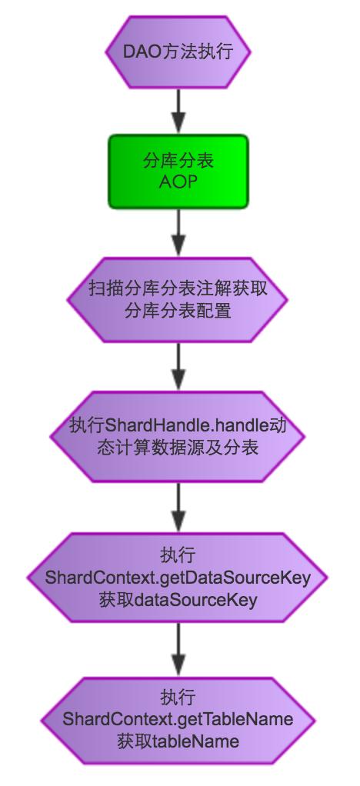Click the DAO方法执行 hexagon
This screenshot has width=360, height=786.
(178, 52)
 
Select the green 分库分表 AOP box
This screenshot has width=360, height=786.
(178, 171)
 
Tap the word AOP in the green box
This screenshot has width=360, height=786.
(178, 182)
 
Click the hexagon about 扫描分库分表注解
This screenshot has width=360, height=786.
(178, 300)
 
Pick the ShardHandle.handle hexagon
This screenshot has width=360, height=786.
(178, 436)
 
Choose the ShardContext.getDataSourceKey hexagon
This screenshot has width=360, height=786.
(178, 578)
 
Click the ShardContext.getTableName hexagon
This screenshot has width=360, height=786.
(178, 721)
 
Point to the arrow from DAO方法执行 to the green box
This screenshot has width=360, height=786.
(178, 111)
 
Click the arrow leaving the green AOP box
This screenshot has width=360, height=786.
(178, 232)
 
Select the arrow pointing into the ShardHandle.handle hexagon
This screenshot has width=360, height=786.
(178, 367)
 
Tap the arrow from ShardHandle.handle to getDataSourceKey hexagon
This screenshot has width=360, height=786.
(178, 508)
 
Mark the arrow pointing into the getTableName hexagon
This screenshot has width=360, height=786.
(178, 650)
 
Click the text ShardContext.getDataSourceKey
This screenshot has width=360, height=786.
(178, 578)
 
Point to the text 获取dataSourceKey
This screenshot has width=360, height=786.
(178, 600)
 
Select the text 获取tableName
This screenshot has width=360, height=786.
(178, 741)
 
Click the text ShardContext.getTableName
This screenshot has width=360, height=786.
(178, 720)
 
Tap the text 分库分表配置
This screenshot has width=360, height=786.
(178, 311)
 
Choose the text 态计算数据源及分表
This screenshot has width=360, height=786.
(178, 447)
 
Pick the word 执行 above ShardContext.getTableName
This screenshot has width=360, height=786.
(178, 698)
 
